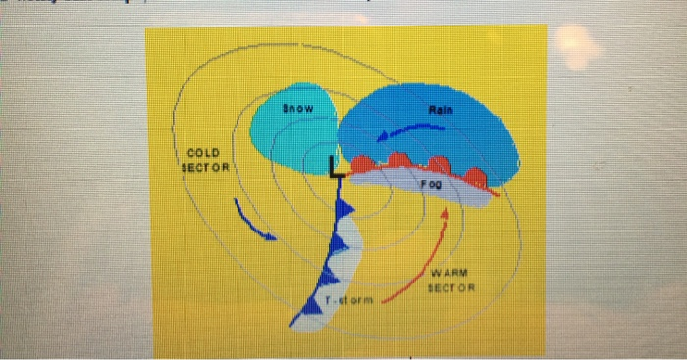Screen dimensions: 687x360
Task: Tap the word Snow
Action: [x=296, y=108]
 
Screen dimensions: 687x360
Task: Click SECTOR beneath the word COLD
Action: [x=205, y=167]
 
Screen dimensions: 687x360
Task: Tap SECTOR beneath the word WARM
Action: [x=450, y=288]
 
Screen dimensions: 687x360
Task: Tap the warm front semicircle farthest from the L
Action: [x=475, y=177]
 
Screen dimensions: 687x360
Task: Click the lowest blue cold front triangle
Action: [x=310, y=306]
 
